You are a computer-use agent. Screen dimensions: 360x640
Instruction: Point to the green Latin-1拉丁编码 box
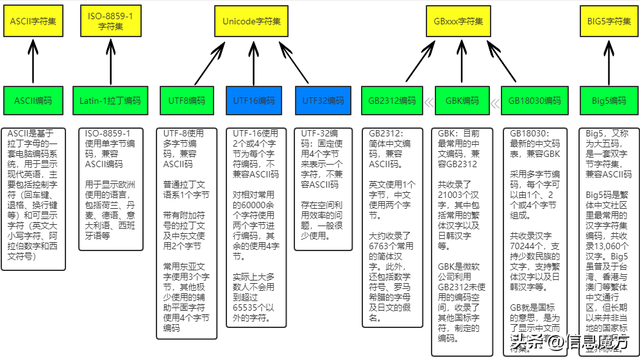[x=110, y=102]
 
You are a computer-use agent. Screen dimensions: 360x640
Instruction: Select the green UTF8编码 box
[x=192, y=102]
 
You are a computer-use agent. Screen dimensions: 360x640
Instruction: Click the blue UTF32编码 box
[x=323, y=102]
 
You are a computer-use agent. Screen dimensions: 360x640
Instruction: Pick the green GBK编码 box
[x=462, y=102]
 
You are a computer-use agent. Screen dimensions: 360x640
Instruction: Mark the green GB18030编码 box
[x=535, y=102]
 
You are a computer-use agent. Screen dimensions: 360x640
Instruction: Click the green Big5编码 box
[x=610, y=102]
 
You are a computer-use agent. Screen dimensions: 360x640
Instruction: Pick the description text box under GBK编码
[x=462, y=230]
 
